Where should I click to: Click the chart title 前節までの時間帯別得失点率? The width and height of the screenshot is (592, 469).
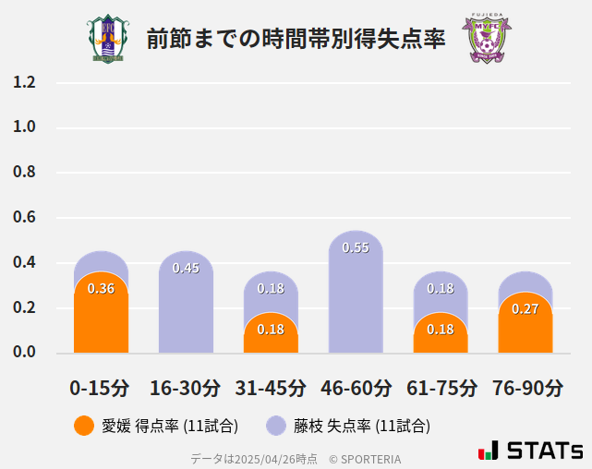(296, 39)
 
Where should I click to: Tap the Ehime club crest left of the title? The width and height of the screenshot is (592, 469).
(108, 39)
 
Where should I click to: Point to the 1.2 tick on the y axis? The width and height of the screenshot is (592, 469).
(24, 82)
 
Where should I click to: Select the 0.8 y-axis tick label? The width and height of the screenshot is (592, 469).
(24, 173)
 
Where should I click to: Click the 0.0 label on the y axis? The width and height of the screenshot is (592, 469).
(24, 352)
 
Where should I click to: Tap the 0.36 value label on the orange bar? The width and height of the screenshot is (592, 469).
(101, 289)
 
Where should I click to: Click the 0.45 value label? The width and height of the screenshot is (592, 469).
(186, 269)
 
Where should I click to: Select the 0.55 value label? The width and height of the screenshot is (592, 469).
(356, 247)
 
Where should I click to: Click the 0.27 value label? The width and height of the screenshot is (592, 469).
(525, 308)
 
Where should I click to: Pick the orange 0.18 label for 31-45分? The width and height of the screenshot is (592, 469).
(271, 330)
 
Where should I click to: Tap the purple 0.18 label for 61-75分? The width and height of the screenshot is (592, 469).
(441, 289)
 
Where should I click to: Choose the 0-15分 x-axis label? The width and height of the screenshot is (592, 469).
(100, 387)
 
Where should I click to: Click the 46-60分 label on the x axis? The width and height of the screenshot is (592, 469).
(356, 387)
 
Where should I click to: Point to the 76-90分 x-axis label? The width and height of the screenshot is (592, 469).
(526, 387)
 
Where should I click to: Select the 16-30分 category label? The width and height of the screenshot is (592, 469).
(186, 387)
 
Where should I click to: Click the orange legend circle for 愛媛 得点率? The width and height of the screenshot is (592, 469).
(84, 426)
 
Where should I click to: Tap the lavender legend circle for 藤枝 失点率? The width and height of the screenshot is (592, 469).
(276, 426)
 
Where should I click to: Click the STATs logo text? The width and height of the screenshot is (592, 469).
(544, 451)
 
